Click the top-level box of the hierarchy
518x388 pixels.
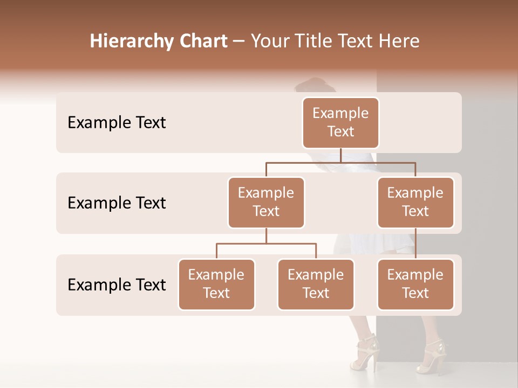coord(340,122)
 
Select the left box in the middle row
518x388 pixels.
coord(266,202)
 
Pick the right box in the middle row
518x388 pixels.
coord(415,202)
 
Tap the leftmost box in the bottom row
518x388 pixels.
coord(216,284)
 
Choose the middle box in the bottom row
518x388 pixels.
coord(316,284)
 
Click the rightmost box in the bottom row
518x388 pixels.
coord(415,284)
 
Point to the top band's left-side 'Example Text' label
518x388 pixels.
coord(117,123)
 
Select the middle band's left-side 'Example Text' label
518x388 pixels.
coord(117,203)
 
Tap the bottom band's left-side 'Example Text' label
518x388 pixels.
coord(117,285)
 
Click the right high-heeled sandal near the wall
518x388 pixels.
coord(435,356)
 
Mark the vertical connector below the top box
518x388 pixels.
coord(340,155)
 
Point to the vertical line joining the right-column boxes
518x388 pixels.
coord(415,243)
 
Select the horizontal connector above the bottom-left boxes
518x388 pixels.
coord(266,244)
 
